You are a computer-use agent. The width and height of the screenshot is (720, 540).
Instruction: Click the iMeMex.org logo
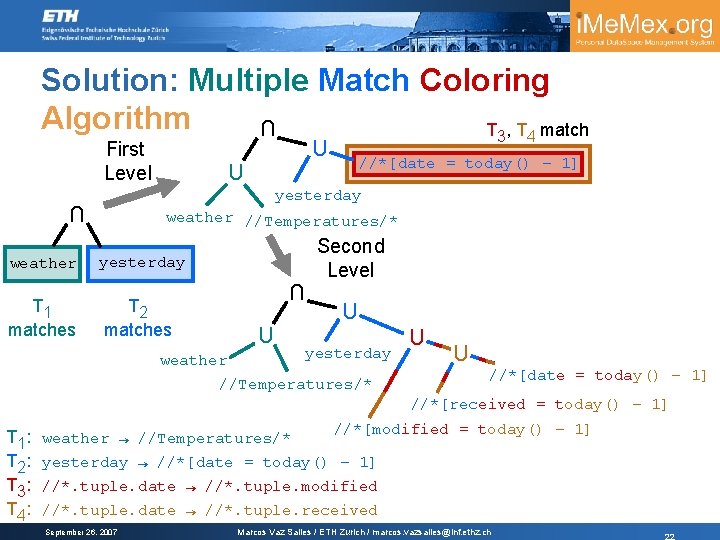645,27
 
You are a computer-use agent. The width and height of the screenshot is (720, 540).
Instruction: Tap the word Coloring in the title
485,80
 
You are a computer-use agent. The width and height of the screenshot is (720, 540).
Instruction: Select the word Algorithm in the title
114,117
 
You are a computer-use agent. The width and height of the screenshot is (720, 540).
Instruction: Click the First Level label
126,160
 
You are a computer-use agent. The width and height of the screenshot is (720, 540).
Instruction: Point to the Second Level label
350,257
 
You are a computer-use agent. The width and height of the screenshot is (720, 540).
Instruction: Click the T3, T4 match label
537,130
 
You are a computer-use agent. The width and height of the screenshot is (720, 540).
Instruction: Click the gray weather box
43,263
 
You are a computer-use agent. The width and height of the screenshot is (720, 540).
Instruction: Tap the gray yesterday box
141,262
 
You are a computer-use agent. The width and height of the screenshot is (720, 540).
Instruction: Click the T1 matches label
41,318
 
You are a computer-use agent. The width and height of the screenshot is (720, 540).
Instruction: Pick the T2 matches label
138,318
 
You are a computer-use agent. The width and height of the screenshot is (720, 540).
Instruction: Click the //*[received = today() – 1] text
538,404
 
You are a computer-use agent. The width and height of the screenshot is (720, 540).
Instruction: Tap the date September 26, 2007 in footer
82,531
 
